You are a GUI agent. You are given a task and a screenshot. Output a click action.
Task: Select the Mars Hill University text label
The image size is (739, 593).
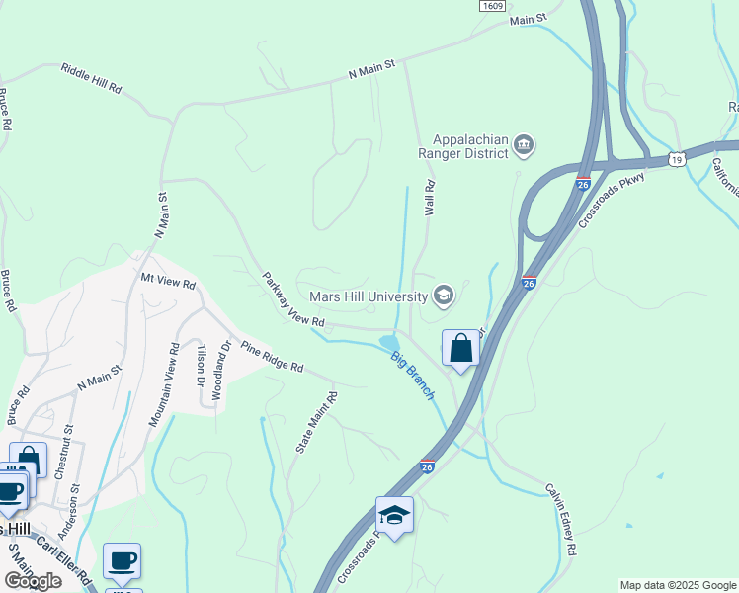(368, 296)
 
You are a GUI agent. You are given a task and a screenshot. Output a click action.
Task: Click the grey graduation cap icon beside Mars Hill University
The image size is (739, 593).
(444, 295)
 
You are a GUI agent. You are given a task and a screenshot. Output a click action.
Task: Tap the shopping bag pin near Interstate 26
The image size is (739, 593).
(460, 349)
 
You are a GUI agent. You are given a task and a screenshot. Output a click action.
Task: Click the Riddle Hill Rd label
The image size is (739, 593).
(91, 78)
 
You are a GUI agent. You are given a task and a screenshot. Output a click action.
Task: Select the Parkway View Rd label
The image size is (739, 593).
(292, 299)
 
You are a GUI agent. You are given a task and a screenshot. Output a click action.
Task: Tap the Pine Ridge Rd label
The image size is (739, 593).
(272, 358)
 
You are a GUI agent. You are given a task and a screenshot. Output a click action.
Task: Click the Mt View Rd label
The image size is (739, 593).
(169, 283)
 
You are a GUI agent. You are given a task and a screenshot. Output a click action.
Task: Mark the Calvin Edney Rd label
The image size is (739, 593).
(561, 519)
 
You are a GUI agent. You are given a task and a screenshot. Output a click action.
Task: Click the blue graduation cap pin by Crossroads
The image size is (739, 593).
(394, 516)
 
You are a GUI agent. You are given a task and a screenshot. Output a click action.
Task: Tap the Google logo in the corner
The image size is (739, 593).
(32, 581)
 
